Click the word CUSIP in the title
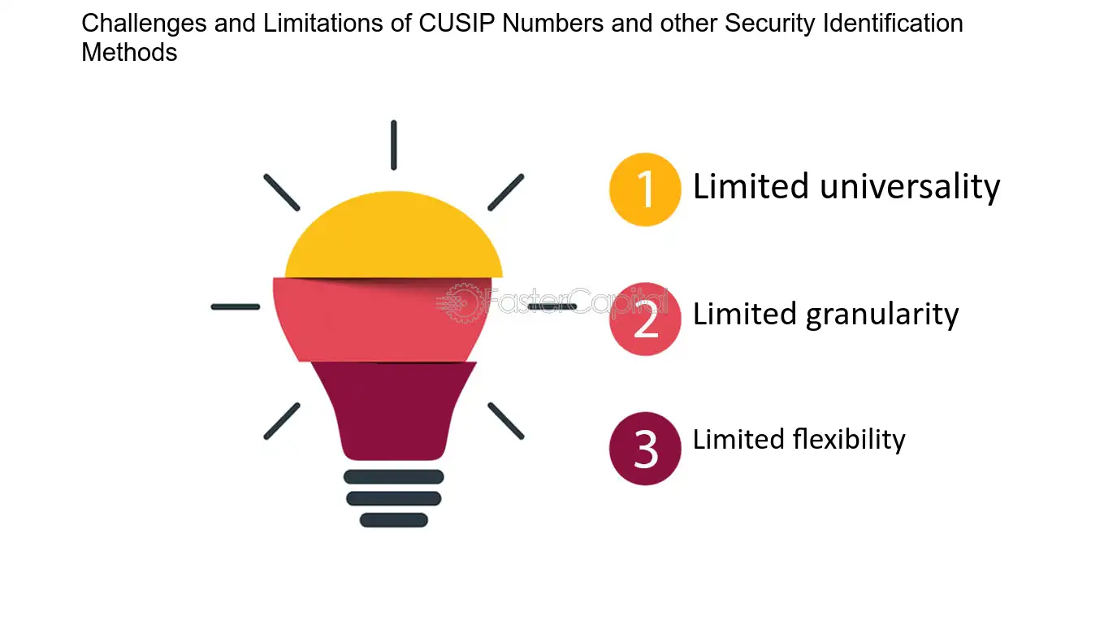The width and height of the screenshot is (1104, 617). point(457,24)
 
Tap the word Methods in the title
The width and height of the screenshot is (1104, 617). point(129,52)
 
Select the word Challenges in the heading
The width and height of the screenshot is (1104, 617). point(144,24)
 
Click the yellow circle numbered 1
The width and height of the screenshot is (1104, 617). point(645,189)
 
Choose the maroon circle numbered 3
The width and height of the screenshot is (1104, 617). point(645,449)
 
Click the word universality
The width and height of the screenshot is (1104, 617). point(910,188)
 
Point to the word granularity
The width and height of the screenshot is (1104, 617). point(882,315)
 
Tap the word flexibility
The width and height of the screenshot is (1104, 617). point(849,440)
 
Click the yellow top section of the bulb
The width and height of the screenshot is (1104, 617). point(394,235)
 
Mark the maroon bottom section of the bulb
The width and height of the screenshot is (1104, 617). point(394,411)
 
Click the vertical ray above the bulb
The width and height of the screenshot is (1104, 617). point(394,145)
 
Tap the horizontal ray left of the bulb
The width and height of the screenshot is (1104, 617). point(236,306)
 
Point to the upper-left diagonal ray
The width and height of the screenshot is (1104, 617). point(282,193)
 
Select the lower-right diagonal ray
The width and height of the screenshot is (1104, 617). point(506,421)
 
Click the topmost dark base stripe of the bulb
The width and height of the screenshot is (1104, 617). point(394,477)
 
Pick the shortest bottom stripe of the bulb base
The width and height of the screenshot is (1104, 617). point(394,520)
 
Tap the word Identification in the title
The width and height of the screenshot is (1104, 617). point(893,24)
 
